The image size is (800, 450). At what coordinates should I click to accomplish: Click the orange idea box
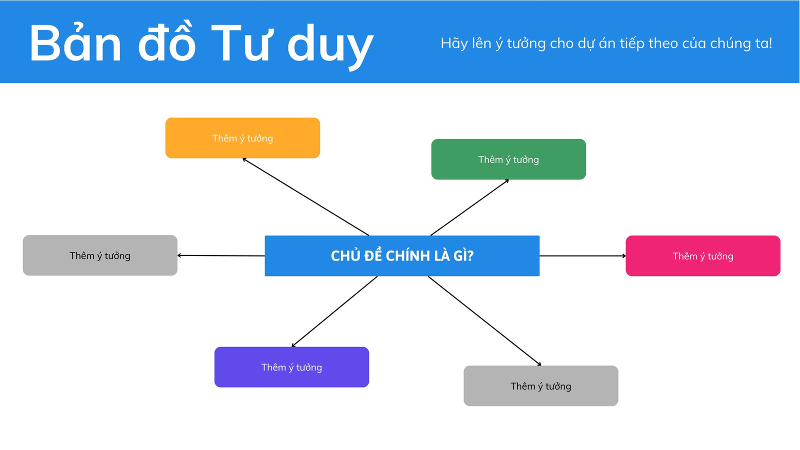[x=242, y=138]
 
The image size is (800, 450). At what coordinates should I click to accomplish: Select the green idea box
[x=508, y=159]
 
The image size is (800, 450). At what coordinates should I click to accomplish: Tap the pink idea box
[x=703, y=255]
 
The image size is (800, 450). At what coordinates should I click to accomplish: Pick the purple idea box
[x=291, y=367]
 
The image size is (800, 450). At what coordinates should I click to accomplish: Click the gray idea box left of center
[x=100, y=255]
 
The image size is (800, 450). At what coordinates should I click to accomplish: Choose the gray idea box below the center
[x=540, y=385]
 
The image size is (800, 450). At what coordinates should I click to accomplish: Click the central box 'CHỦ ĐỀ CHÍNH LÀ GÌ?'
[x=402, y=255]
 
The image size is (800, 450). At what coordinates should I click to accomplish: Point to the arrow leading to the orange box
[x=305, y=197]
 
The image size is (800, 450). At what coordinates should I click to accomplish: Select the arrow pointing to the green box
[x=469, y=207]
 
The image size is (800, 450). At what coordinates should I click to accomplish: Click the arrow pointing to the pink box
[x=583, y=255]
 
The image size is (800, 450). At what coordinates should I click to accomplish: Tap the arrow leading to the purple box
[x=334, y=311]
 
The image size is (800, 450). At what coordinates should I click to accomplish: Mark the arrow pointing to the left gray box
[x=221, y=255]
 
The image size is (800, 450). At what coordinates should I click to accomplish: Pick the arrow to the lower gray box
[x=484, y=320]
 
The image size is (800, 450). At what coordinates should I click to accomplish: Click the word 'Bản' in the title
[x=75, y=43]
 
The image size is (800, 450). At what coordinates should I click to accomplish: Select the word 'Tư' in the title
[x=239, y=43]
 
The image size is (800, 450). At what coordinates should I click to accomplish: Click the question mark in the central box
[x=470, y=255]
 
